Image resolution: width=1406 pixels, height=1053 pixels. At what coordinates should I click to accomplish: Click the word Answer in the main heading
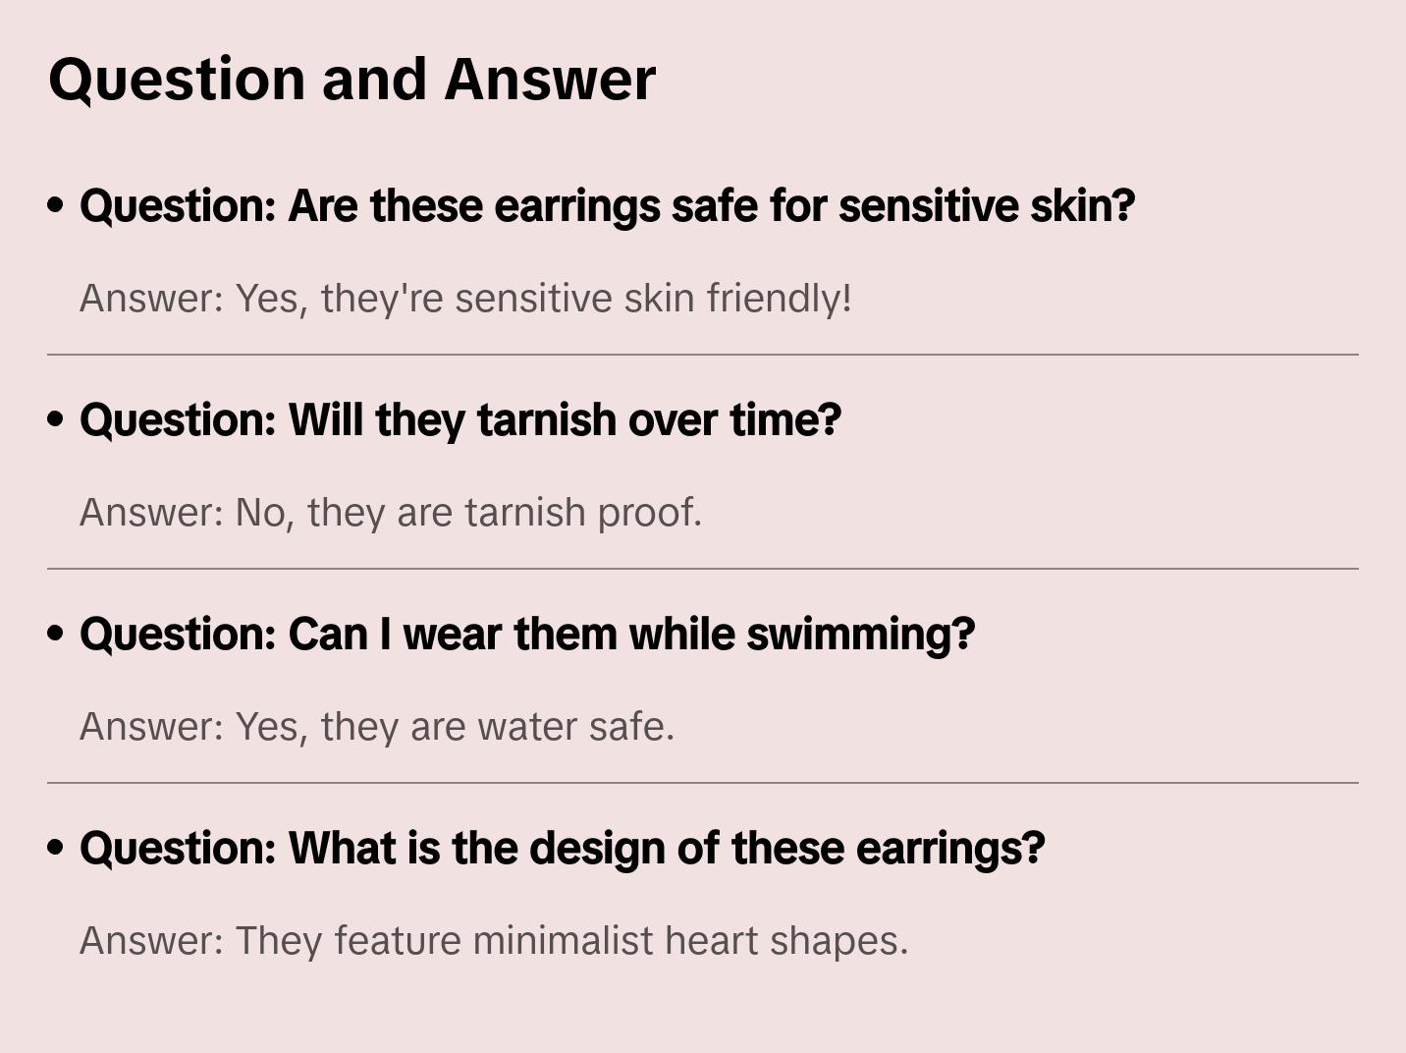click(x=550, y=80)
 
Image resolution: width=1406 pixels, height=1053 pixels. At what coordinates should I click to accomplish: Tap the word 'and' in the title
click(x=374, y=80)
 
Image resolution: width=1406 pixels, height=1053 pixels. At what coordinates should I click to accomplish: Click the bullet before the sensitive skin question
click(x=56, y=205)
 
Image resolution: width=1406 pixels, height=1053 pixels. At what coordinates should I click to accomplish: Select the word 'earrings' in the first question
click(x=576, y=207)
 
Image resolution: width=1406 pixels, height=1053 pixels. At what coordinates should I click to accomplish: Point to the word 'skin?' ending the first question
click(x=1083, y=205)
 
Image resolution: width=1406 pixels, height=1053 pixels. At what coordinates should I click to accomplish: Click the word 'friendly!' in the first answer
click(x=779, y=299)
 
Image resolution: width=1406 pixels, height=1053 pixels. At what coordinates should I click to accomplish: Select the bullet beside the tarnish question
click(x=56, y=419)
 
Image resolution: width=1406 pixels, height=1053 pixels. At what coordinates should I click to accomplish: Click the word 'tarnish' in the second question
click(x=547, y=420)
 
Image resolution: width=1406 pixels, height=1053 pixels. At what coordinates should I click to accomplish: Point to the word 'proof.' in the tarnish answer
click(x=650, y=514)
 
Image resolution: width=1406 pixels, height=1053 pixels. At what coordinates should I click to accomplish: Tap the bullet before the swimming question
click(x=56, y=634)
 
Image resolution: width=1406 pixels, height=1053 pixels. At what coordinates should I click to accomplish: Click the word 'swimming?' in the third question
click(x=861, y=636)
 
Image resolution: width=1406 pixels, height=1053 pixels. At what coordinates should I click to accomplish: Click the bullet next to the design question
click(x=56, y=848)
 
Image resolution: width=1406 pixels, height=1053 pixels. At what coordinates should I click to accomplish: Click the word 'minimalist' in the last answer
click(x=563, y=940)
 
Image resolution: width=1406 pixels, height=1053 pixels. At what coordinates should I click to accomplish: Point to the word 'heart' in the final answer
click(x=711, y=940)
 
